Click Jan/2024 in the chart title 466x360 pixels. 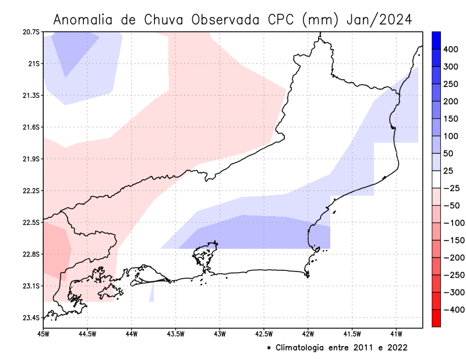[x=380, y=20]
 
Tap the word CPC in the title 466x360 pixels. [x=284, y=20]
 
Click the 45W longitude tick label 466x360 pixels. [x=43, y=334]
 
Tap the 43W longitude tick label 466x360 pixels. [x=220, y=334]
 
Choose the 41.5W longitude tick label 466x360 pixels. [x=352, y=334]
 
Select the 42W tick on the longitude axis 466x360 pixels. [x=308, y=334]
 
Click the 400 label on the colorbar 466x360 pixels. [x=450, y=50]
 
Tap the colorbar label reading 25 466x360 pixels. [x=449, y=171]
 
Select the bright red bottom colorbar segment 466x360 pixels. [x=436, y=318]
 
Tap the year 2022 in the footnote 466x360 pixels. [x=397, y=348]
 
